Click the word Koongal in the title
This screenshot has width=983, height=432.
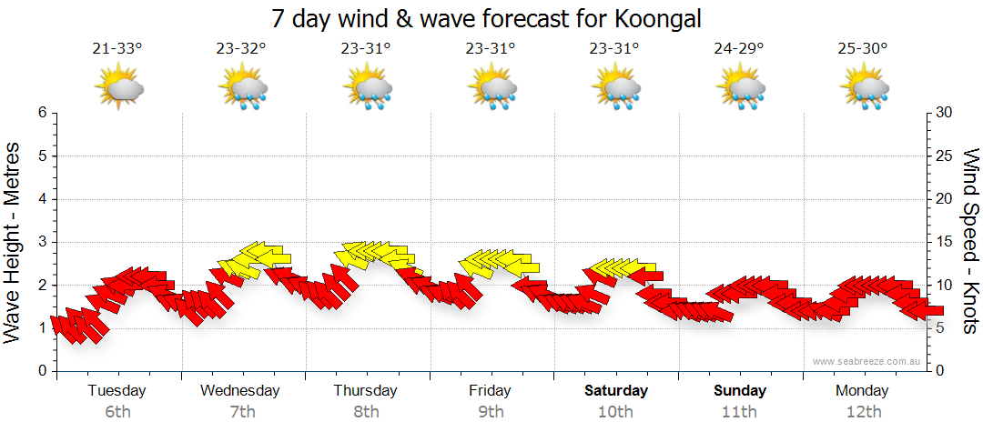point(658,18)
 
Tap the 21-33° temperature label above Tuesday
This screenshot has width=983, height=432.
point(117,49)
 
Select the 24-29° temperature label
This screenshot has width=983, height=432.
point(739,49)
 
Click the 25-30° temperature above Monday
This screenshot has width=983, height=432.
point(864,49)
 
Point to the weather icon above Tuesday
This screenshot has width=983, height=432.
point(120,88)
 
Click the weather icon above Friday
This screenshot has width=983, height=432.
point(493,88)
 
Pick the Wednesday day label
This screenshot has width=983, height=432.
point(240,391)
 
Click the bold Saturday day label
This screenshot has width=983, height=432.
point(616,391)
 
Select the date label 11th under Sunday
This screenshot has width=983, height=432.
point(739,412)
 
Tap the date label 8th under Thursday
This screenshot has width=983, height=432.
point(366,412)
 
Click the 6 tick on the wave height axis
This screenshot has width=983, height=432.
point(41,113)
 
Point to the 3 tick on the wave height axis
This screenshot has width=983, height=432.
point(41,242)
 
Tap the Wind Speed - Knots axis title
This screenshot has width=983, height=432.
point(969,240)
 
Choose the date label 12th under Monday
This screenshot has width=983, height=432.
point(864,412)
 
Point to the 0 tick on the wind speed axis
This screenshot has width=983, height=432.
point(939,371)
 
